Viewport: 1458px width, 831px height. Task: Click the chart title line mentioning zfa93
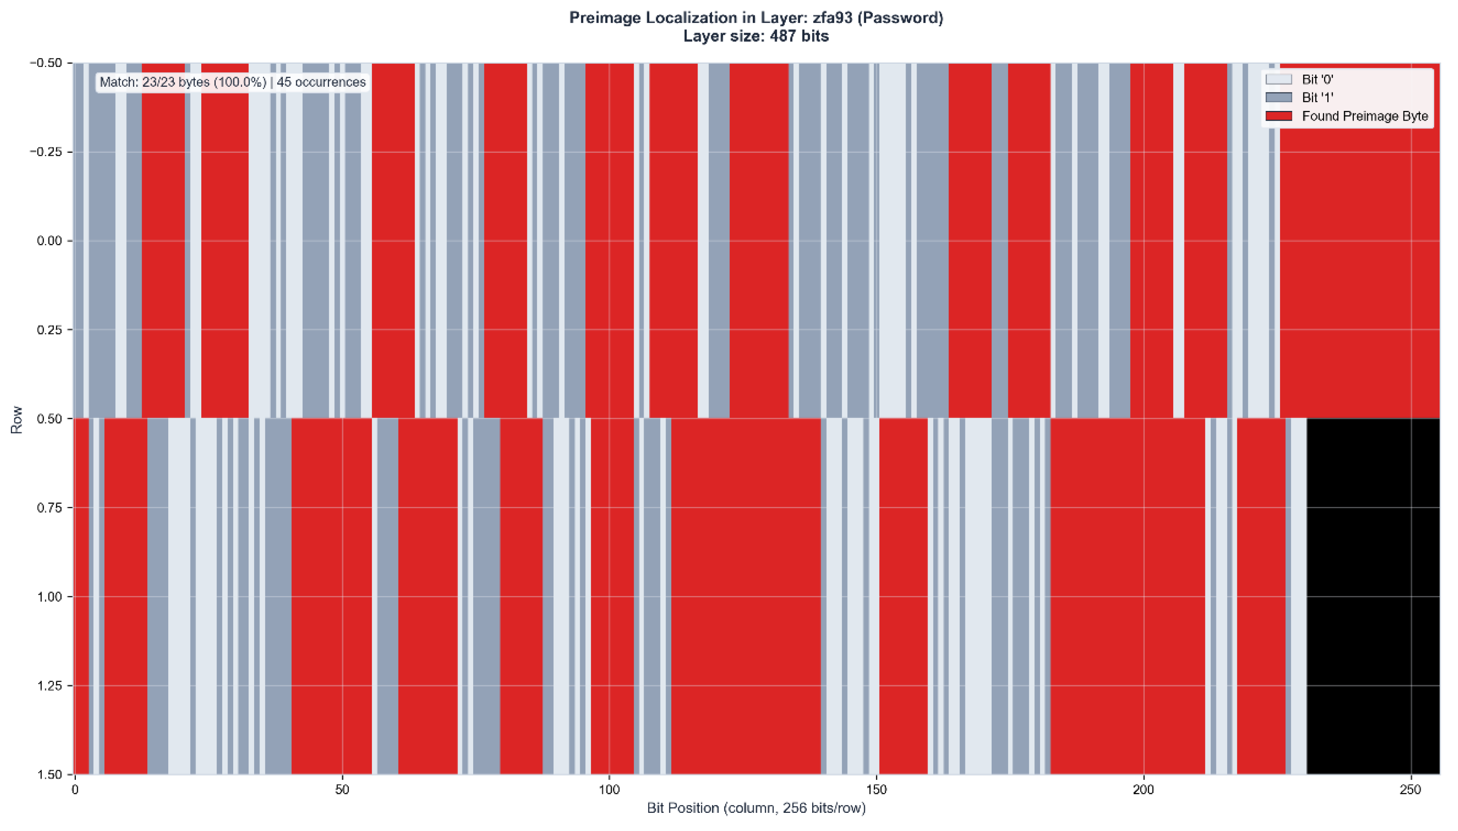click(x=756, y=18)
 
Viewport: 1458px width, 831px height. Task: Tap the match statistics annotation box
click(x=232, y=82)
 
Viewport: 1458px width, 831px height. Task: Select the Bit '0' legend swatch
click(x=1278, y=79)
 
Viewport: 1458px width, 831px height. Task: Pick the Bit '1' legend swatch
click(x=1278, y=98)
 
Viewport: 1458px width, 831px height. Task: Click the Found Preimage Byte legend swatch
click(x=1278, y=116)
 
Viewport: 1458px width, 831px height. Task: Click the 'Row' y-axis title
click(x=17, y=419)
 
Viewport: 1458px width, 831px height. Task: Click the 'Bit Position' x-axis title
click(x=756, y=808)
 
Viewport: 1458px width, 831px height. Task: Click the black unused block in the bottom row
click(x=1373, y=597)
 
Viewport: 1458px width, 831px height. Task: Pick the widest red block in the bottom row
click(x=746, y=597)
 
